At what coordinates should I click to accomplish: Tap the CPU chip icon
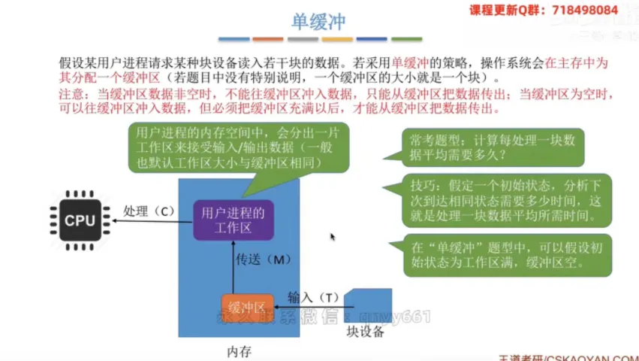[80, 220]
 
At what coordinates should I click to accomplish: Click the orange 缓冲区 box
[246, 307]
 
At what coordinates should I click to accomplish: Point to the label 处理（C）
[148, 211]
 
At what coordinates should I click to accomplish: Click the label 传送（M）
[264, 260]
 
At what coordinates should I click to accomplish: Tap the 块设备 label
[365, 332]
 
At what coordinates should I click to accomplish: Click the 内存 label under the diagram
[239, 351]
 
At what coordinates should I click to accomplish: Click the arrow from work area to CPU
[149, 222]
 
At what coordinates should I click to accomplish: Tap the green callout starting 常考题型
[496, 147]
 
